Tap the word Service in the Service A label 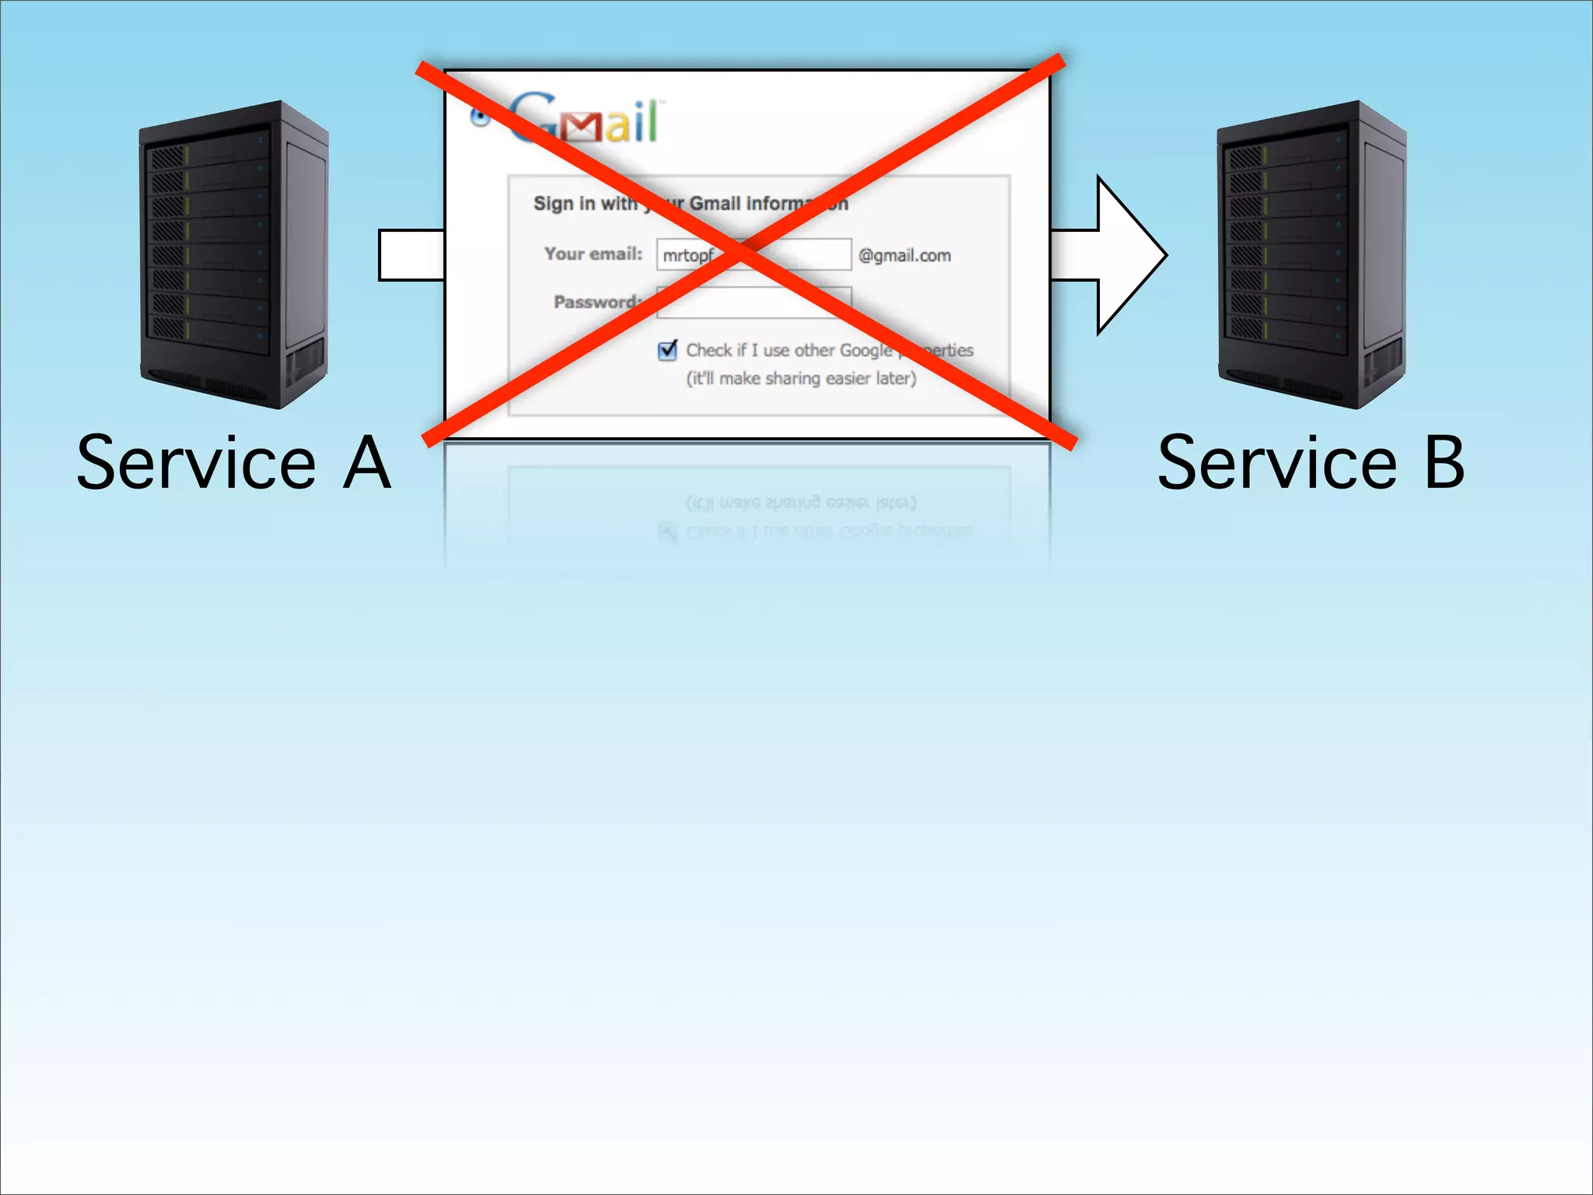196,464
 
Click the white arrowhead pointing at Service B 1128,255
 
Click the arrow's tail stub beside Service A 411,255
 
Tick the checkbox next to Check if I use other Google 667,351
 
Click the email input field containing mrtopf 753,254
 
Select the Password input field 753,303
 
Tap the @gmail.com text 905,256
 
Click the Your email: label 593,254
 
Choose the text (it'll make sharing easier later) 801,379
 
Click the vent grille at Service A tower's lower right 306,363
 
